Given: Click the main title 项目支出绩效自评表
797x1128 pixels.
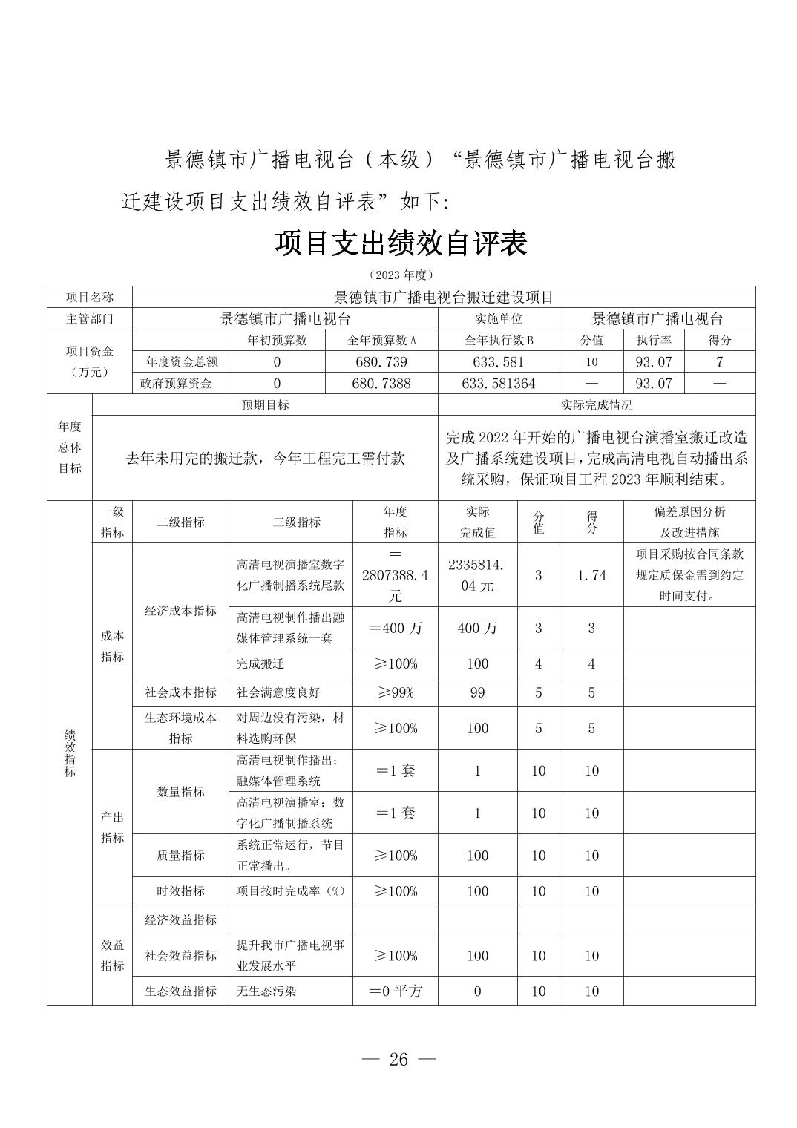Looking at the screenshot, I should point(401,243).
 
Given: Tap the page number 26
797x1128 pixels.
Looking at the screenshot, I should point(398,1059).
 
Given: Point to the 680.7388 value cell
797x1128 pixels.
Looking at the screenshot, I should point(381,384).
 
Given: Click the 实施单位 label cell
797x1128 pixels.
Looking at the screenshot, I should point(498,319).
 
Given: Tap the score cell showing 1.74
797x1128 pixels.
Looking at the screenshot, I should point(591,575).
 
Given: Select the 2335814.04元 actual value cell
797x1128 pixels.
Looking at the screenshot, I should point(477,575).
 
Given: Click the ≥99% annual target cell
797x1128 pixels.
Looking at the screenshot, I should point(395,692).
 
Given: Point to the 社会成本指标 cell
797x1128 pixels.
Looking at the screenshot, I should point(180,692).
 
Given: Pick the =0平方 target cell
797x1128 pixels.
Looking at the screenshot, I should point(395,991).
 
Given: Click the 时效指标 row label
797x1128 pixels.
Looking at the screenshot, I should point(180,891).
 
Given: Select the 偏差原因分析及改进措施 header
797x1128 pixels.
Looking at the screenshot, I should point(689,522).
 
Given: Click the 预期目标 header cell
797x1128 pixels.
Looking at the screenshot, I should point(265,405).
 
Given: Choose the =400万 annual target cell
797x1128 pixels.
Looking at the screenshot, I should point(395,628).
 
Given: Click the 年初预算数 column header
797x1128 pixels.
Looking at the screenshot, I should point(277,341).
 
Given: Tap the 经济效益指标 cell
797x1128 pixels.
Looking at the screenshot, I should point(180,920).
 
